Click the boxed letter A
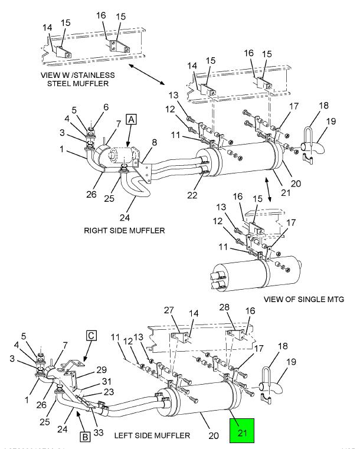131,120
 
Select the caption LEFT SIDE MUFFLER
152,435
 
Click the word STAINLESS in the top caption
94,75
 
